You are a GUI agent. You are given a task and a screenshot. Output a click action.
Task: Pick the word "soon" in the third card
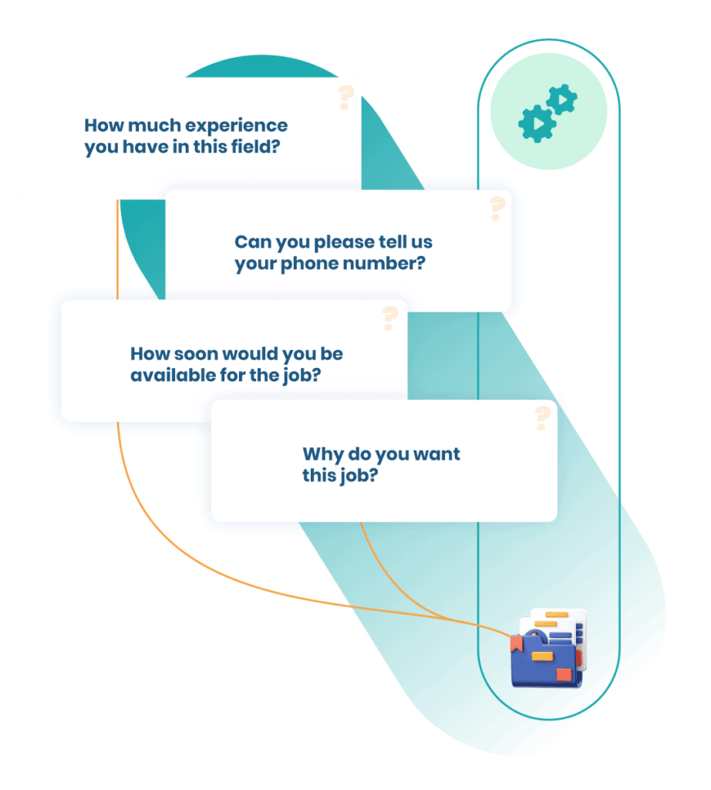[x=193, y=354]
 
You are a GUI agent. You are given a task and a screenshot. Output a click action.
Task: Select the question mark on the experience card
[x=345, y=98]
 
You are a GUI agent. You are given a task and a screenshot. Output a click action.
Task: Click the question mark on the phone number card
[x=497, y=208]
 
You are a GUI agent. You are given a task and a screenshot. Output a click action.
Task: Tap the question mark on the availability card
[x=390, y=318]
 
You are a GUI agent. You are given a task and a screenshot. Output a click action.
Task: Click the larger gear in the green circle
[x=537, y=123]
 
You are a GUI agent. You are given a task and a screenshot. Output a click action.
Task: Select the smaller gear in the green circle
[x=562, y=100]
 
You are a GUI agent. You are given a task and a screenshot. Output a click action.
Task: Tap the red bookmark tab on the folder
[x=516, y=645]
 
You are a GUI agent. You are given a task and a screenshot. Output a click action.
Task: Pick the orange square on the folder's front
[x=564, y=675]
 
